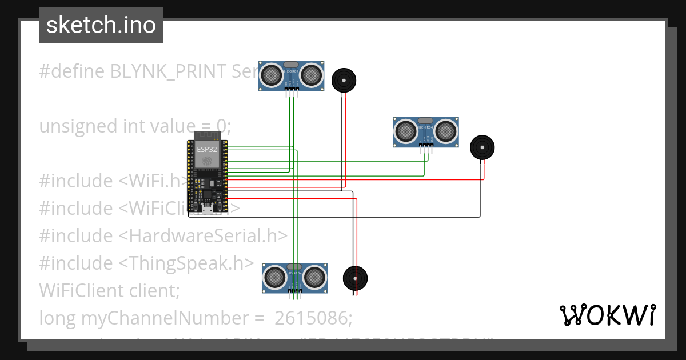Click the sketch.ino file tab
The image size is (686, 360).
coord(101,25)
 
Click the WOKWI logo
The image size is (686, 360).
coord(607,315)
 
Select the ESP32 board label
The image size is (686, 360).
coord(207,149)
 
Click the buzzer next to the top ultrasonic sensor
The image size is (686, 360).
coord(344,80)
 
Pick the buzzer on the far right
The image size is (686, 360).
coord(482,147)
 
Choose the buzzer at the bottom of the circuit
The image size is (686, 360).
coord(355,278)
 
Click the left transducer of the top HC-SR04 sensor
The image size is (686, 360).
coord(272,74)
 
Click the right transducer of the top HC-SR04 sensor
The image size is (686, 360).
coord(311,74)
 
